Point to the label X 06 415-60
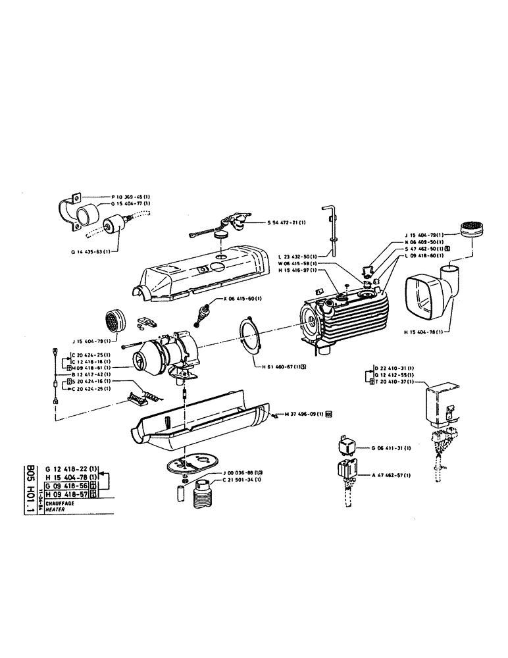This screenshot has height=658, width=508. tap(247, 299)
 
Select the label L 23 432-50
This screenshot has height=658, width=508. tap(295, 256)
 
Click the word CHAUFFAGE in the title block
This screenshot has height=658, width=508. tap(52, 503)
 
